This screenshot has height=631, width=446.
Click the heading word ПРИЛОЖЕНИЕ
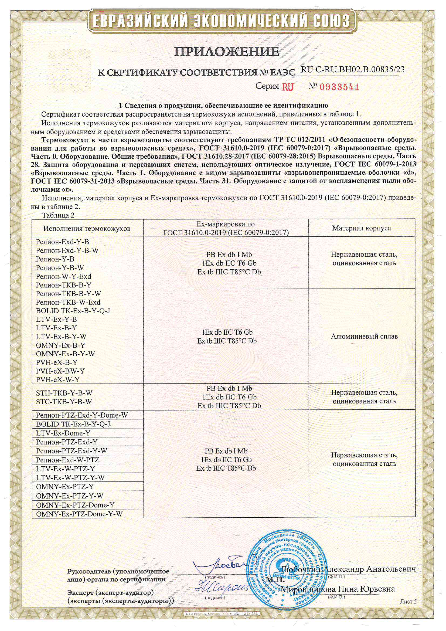tap(227, 51)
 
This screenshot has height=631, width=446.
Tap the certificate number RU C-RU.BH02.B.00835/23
tap(353, 70)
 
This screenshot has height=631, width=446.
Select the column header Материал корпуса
tap(361, 228)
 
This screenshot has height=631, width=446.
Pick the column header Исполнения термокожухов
tap(87, 229)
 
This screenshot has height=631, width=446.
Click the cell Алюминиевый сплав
tap(364, 336)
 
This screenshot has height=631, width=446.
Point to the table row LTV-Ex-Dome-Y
tap(63, 433)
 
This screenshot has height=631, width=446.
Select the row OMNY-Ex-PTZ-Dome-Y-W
tap(79, 514)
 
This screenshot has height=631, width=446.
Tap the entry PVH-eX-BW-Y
tap(60, 371)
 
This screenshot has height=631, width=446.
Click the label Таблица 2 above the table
tap(58, 215)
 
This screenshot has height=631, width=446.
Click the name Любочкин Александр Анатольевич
tap(348, 569)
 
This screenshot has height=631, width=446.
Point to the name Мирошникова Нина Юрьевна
tap(338, 589)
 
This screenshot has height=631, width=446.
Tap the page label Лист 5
tap(408, 602)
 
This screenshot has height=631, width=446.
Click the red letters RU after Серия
tap(288, 87)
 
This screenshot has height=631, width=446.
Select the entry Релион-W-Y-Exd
tap(63, 276)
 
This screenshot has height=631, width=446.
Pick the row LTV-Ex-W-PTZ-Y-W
tap(70, 478)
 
